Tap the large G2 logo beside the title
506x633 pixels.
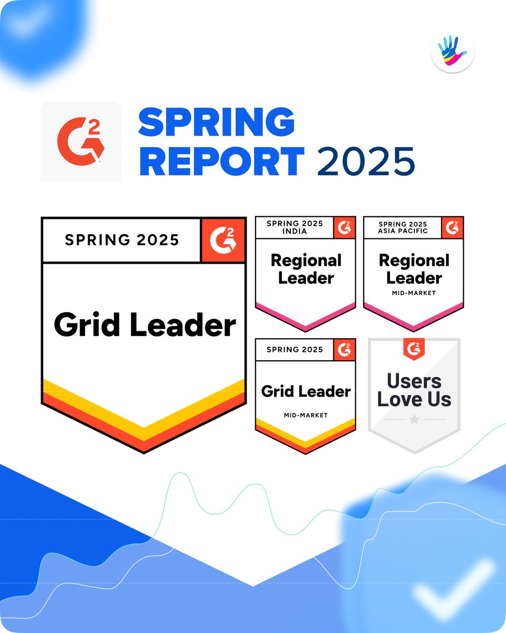coord(81,141)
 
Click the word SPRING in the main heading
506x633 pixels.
coord(216,122)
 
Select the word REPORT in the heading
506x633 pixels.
coord(221,161)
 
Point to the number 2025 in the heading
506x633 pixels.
coord(366,161)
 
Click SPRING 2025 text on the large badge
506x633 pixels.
coord(122,240)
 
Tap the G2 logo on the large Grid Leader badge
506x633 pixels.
coord(223,240)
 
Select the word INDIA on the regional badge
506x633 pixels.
coord(294,231)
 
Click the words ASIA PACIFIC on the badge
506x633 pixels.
coord(403,231)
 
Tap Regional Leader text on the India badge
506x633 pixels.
coord(306,269)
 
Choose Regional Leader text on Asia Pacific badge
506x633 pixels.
coord(414,269)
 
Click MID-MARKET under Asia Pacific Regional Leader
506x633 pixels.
coord(414,293)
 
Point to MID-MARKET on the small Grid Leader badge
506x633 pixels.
coord(306,415)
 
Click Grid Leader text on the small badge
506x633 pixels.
coord(306,391)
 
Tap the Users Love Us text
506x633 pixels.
coord(414,390)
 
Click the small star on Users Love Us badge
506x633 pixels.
coord(414,420)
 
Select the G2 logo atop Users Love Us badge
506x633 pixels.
coord(414,347)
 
